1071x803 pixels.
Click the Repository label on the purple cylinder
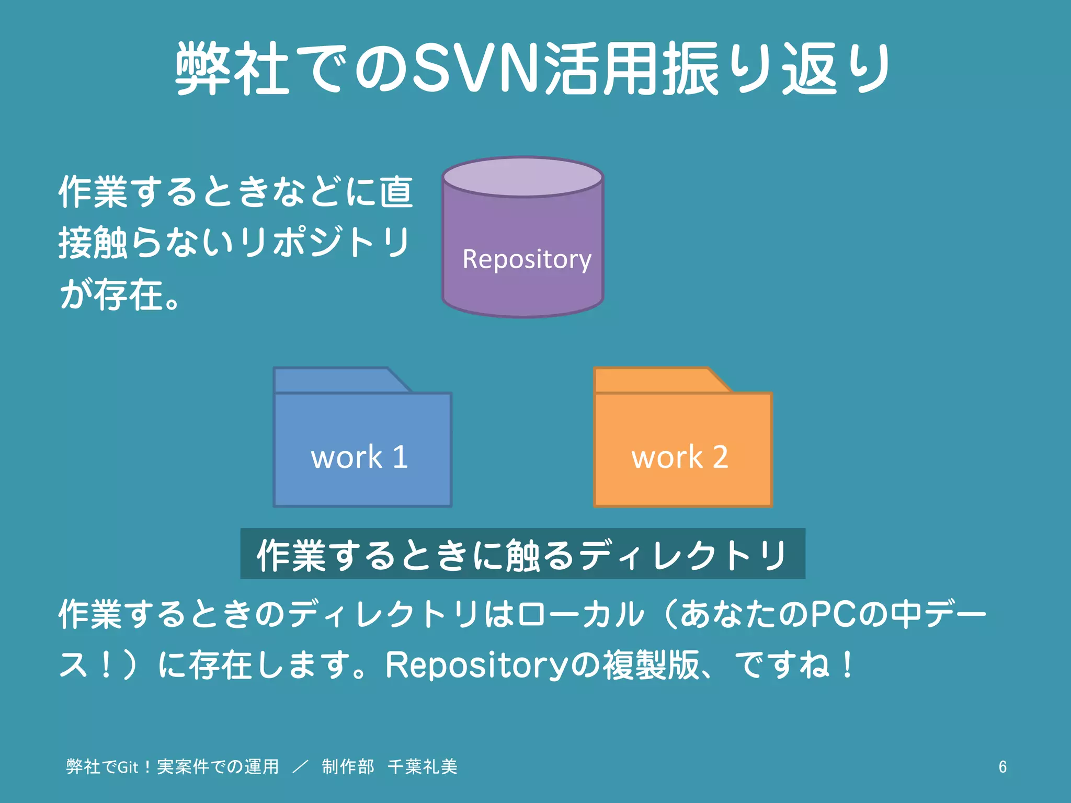point(527,259)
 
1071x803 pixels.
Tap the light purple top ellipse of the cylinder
point(523,177)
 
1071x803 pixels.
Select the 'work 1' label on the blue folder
point(360,457)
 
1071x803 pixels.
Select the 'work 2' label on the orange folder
point(680,457)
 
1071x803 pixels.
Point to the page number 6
point(1002,766)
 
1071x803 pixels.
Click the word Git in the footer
point(128,767)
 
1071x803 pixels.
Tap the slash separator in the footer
point(301,767)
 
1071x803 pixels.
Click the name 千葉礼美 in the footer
point(423,767)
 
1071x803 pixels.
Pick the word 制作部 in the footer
point(348,767)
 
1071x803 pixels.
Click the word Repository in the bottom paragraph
point(476,665)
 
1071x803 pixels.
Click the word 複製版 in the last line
point(651,665)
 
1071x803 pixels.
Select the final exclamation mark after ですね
point(848,665)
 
